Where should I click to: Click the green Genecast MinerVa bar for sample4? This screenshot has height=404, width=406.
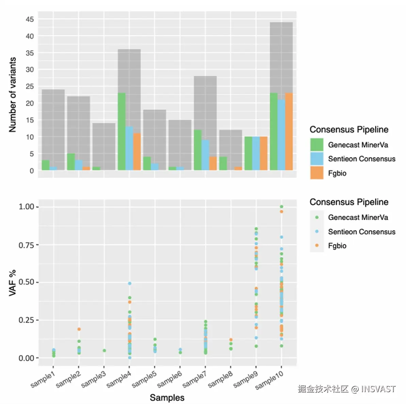(x=121, y=131)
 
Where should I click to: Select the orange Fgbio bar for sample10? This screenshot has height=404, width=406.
(x=289, y=131)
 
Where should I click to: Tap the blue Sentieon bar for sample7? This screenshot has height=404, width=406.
(x=205, y=155)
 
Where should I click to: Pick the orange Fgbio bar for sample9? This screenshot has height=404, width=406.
(x=263, y=153)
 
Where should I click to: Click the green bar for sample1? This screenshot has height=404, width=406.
(x=46, y=165)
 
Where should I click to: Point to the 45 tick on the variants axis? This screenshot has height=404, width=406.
(x=30, y=19)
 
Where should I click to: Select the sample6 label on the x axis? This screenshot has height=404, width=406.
(x=170, y=379)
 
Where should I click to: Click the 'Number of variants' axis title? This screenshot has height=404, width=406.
(x=13, y=95)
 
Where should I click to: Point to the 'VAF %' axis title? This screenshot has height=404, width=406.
(x=13, y=283)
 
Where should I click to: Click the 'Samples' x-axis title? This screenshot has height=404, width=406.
(x=167, y=398)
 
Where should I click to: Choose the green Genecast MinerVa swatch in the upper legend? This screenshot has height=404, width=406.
(x=316, y=145)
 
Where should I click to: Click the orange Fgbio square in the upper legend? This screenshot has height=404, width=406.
(x=316, y=173)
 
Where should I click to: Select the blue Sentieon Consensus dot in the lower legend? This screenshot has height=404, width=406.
(x=317, y=232)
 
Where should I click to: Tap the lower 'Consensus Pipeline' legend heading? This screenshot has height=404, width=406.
(x=349, y=202)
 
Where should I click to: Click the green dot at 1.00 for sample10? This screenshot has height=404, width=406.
(x=281, y=206)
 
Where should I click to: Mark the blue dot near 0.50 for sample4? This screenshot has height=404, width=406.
(x=130, y=283)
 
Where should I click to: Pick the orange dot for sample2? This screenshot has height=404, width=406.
(x=79, y=329)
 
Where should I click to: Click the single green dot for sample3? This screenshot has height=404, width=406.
(x=104, y=351)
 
